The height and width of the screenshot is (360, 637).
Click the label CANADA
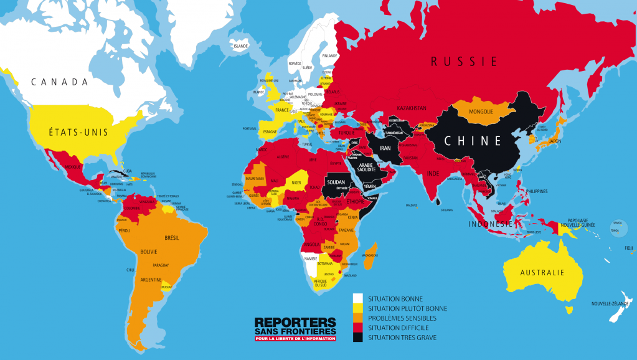[60, 82]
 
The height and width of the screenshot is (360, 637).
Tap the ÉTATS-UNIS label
[78, 132]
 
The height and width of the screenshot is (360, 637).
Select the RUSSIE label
[465, 61]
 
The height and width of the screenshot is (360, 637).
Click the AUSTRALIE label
[543, 272]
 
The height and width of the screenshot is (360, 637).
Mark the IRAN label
[385, 148]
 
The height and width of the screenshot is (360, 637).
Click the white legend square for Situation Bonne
[358, 298]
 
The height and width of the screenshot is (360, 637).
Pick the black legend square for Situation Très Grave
[358, 338]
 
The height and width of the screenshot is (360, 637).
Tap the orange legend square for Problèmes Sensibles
[358, 318]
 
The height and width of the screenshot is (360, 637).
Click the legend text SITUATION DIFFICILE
[398, 328]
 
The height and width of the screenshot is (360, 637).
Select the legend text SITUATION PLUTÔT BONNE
[407, 308]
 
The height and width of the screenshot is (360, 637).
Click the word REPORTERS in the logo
[295, 322]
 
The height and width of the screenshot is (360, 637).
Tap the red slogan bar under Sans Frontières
[295, 339]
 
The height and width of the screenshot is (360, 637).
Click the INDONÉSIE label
[491, 224]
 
